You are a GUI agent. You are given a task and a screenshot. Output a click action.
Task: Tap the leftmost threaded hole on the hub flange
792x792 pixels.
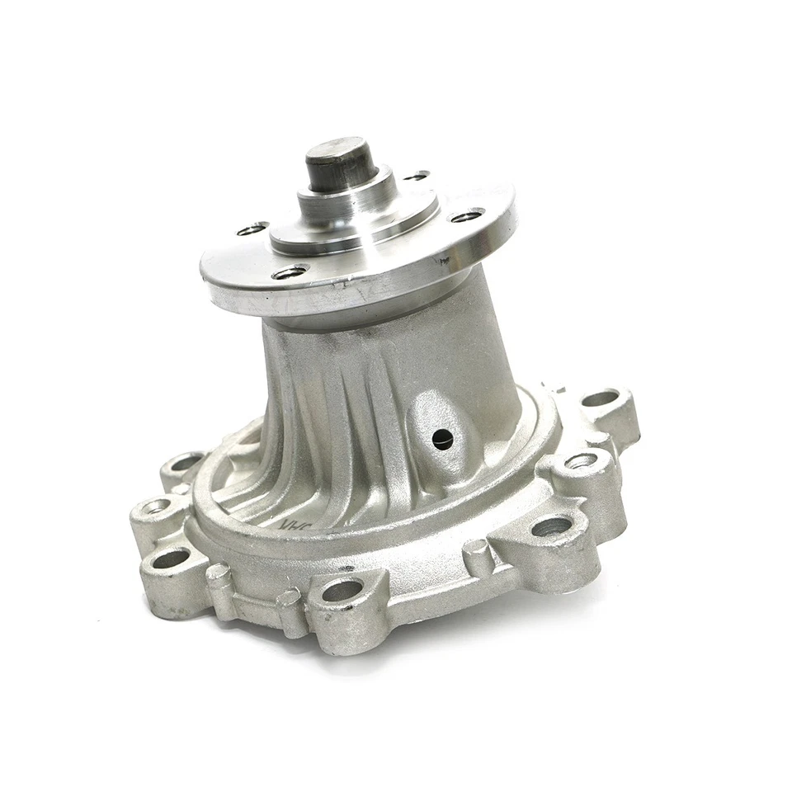point(252,229)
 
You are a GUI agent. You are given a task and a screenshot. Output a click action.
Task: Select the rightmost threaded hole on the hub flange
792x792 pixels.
point(466,216)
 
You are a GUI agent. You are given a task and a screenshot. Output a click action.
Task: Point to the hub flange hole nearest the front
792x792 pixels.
point(290,271)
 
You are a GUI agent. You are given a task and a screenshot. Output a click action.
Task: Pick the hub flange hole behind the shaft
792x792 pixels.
point(417,176)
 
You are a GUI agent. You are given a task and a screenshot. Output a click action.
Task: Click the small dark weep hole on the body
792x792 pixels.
point(442,438)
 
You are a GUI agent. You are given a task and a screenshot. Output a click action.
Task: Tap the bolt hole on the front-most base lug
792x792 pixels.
point(342,590)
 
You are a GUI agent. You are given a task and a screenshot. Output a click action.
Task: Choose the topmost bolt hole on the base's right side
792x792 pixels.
point(601,398)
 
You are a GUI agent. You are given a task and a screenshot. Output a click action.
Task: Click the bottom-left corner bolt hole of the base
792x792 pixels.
point(171,559)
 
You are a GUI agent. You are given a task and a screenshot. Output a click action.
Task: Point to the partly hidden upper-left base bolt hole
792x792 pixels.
point(186,461)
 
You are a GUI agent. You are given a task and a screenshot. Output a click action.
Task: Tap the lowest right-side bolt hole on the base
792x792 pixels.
point(551,526)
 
